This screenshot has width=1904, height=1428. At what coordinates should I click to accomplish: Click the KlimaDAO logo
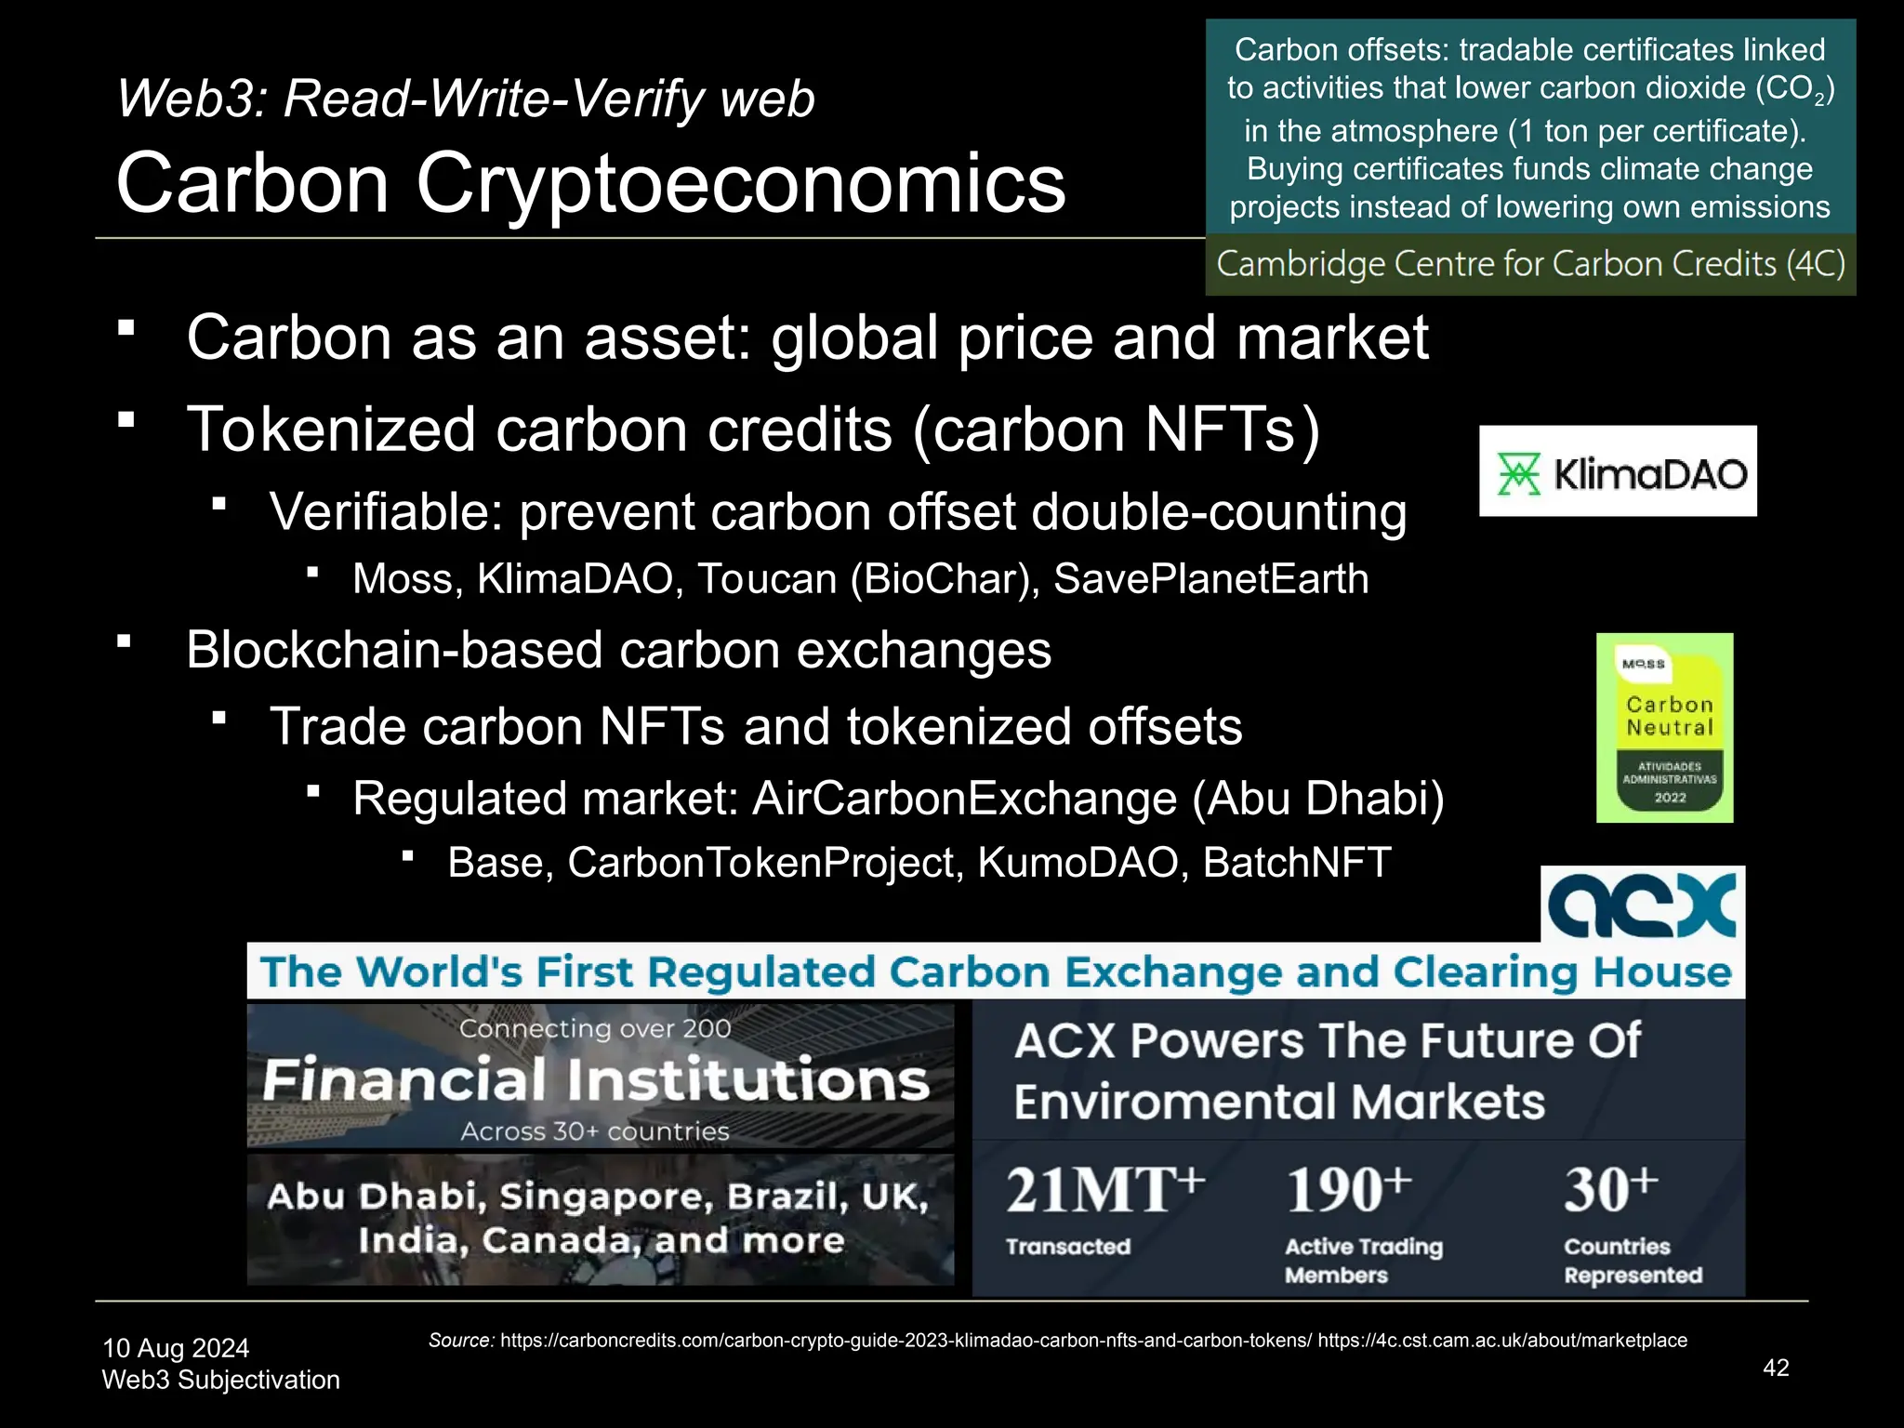(1618, 471)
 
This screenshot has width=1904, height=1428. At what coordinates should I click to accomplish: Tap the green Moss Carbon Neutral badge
(1664, 727)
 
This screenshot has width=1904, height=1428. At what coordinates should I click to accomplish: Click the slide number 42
(1776, 1368)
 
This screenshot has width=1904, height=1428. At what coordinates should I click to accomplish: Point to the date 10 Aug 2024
(176, 1348)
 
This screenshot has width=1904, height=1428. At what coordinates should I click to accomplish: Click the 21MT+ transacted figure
(1104, 1191)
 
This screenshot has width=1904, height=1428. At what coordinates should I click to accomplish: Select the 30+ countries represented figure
(1610, 1191)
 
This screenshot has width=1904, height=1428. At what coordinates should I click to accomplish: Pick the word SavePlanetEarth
(1210, 579)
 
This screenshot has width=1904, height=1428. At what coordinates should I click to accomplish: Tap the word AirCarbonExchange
(965, 799)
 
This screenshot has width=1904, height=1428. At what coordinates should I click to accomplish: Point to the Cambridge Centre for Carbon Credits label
(1530, 265)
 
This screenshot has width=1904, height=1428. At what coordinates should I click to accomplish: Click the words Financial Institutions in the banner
(596, 1080)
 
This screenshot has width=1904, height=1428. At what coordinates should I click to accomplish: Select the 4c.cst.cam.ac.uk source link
(1501, 1341)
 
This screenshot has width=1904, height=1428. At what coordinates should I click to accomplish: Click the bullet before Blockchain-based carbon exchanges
(125, 641)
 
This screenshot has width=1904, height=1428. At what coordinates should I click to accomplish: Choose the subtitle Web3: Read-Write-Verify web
(466, 99)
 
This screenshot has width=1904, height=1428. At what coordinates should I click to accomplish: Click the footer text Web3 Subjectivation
(221, 1380)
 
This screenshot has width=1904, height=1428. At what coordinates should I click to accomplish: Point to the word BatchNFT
(1297, 863)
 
